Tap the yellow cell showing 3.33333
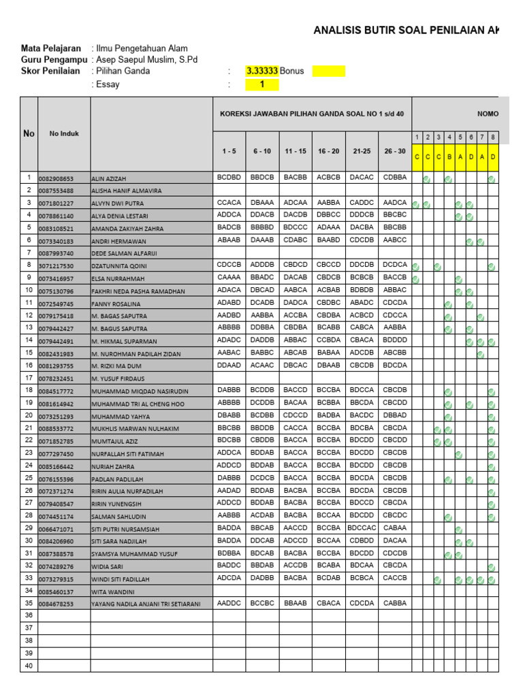tap(262, 71)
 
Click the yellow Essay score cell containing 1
tap(262, 85)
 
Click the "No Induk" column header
tap(64, 133)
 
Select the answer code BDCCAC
tap(361, 528)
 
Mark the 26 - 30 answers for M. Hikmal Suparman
tap(395, 340)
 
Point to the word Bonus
tap(292, 71)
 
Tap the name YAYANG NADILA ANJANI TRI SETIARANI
tap(146, 604)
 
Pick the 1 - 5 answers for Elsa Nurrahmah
tap(229, 278)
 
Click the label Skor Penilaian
tap(52, 71)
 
